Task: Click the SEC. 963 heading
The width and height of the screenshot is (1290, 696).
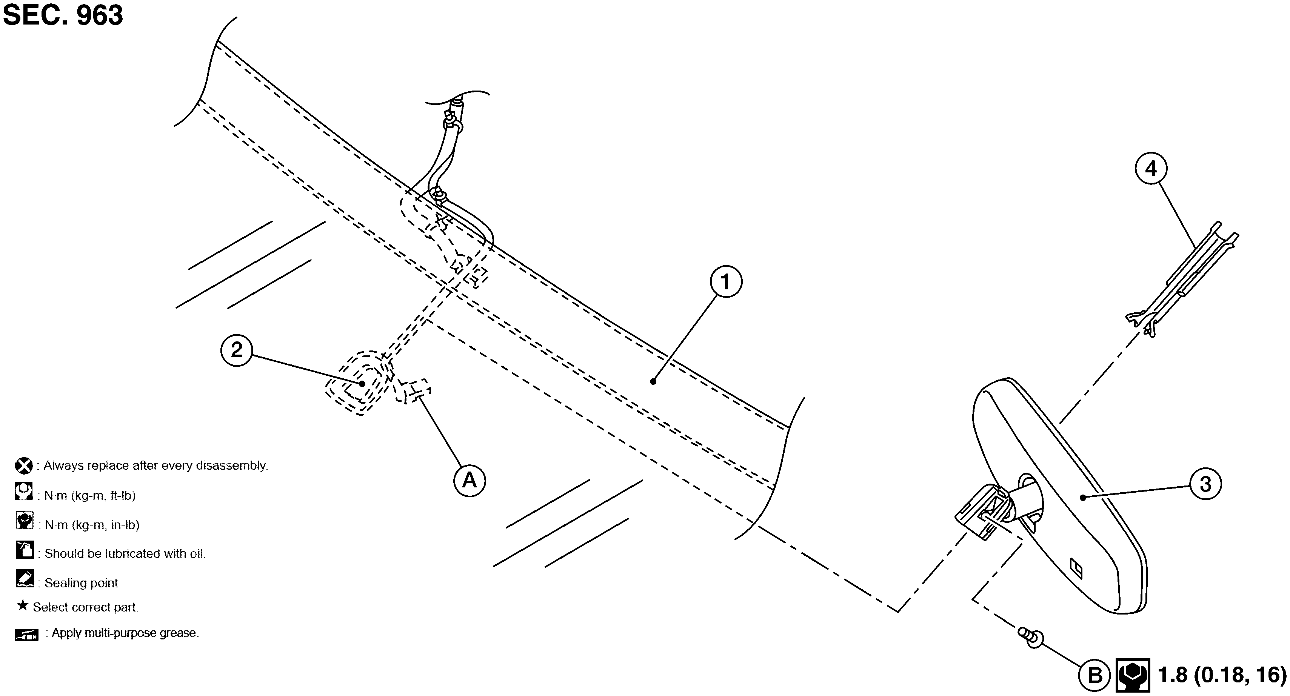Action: tap(63, 15)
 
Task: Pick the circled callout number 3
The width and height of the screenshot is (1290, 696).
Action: tap(1205, 484)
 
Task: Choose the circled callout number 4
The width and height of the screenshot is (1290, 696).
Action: tap(1151, 169)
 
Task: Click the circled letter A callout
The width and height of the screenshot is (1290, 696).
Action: tap(469, 481)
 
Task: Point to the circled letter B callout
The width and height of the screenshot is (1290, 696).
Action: tap(1095, 676)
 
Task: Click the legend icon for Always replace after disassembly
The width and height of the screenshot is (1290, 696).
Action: tap(23, 466)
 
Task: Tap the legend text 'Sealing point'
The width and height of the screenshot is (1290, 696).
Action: tap(81, 583)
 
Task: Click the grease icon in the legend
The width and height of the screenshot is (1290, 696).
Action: tap(26, 635)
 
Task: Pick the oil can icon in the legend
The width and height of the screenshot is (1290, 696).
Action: tap(24, 549)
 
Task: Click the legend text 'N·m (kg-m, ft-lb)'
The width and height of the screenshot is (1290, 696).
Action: tap(90, 495)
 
